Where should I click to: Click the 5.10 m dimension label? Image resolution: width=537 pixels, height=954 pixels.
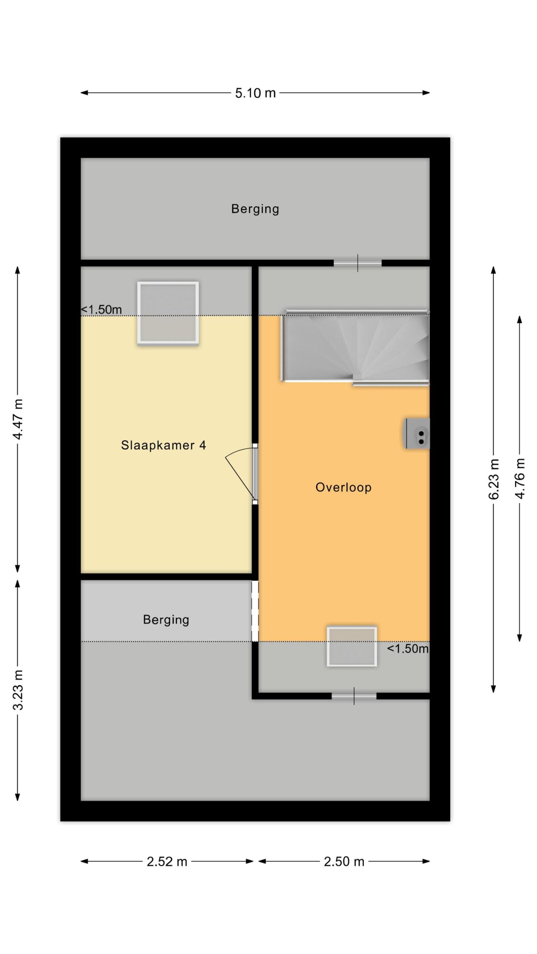(255, 93)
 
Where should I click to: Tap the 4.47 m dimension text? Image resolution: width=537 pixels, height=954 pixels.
(18, 418)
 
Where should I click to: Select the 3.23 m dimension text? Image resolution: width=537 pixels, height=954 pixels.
(18, 689)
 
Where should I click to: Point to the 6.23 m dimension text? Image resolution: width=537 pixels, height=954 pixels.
(493, 479)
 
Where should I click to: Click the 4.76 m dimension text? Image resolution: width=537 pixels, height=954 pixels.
(519, 479)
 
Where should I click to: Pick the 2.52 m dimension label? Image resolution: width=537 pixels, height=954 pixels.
(167, 862)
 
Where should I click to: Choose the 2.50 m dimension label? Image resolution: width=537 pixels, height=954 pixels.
(344, 862)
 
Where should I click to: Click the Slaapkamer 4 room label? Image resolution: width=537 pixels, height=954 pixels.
(163, 445)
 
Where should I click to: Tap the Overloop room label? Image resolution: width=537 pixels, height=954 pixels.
(343, 487)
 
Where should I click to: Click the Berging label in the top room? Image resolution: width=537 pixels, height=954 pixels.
(255, 209)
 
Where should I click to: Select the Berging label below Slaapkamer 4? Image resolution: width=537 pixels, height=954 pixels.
(166, 620)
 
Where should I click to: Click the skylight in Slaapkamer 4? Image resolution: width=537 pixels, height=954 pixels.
(168, 313)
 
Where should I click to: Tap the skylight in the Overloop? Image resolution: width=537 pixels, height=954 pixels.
(352, 647)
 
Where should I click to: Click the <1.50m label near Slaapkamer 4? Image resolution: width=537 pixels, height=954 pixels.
(101, 309)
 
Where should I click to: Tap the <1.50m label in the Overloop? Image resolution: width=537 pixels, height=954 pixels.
(408, 648)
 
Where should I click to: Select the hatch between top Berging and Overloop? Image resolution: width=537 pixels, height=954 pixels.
(358, 263)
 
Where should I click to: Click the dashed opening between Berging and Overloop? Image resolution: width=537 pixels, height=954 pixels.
(255, 611)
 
